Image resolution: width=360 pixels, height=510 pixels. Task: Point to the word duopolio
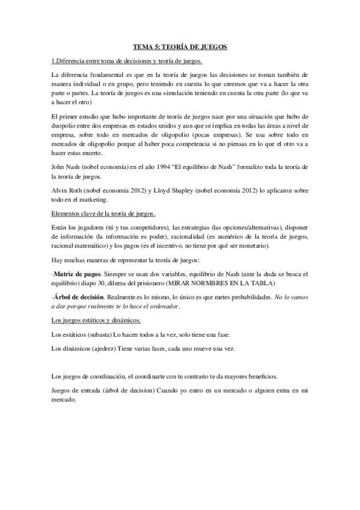point(66,124)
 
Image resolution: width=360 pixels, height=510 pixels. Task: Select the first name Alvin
point(61,189)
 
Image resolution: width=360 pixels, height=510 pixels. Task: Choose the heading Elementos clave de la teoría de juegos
point(104,214)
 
